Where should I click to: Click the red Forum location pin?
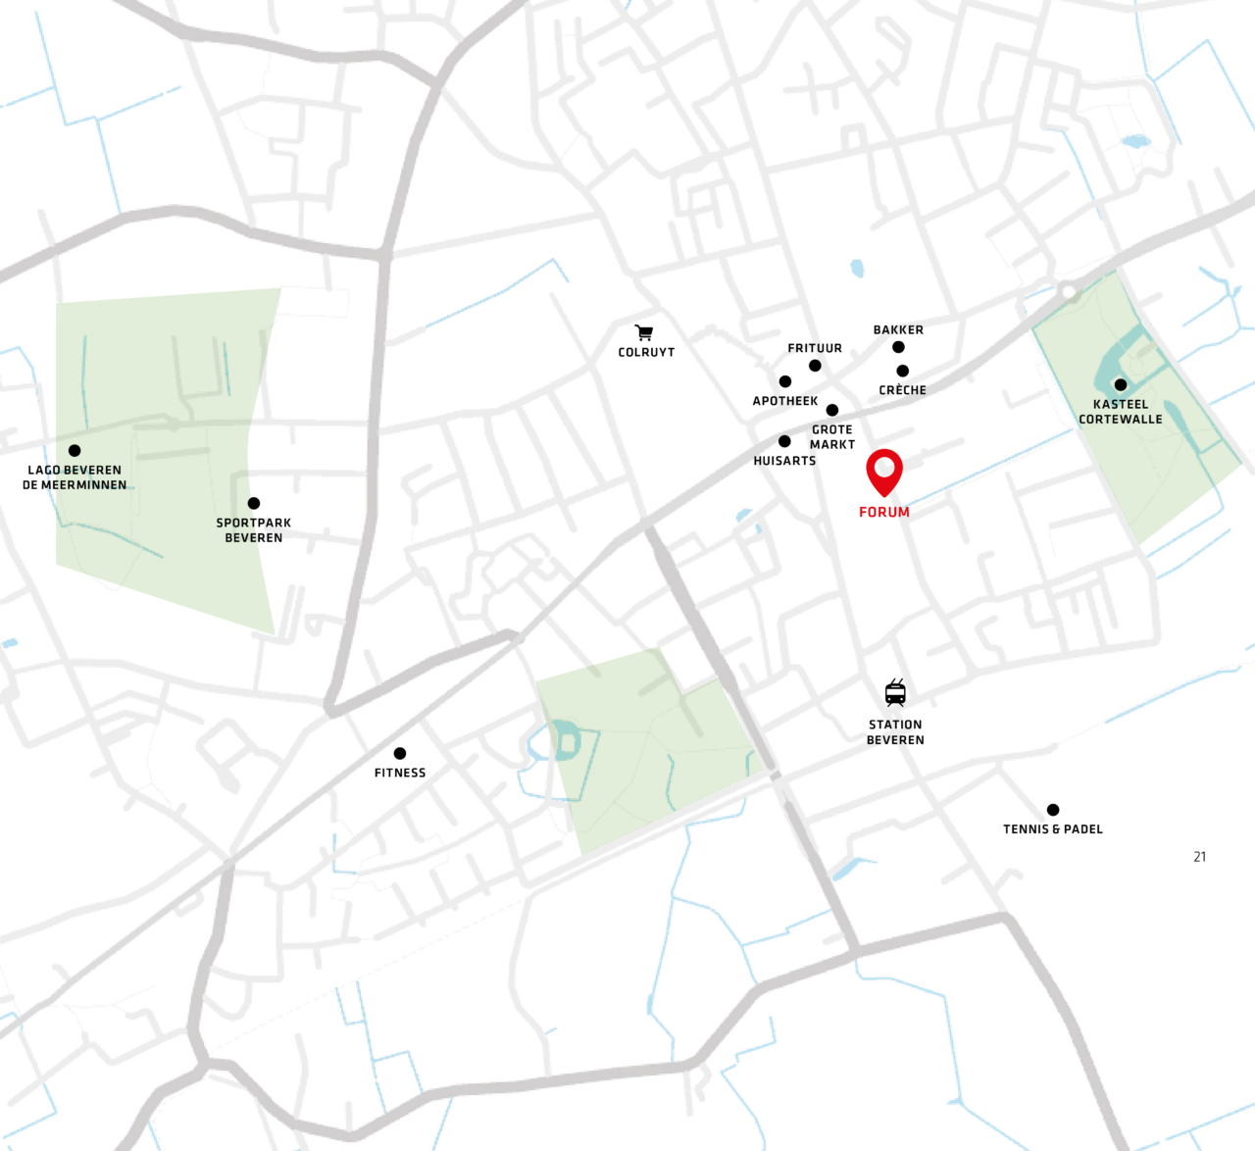[x=883, y=471]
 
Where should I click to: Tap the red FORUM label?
[x=883, y=512]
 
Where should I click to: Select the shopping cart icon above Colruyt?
[x=643, y=333]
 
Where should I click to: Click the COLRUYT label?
[x=646, y=352]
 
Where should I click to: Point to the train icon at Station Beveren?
[x=895, y=692]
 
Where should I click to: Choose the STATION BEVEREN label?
[x=895, y=732]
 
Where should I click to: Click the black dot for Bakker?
[x=898, y=347]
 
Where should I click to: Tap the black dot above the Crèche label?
[x=902, y=371]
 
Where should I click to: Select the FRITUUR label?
[x=815, y=348]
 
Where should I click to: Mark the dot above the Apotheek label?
[x=785, y=381]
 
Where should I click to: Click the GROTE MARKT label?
[x=832, y=437]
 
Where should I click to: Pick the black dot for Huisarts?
[x=784, y=441]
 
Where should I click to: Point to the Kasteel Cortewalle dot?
[x=1120, y=384]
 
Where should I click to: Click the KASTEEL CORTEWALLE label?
[x=1121, y=412]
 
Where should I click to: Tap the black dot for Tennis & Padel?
[x=1053, y=810]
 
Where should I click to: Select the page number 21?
[x=1199, y=857]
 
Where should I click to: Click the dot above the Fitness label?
[x=400, y=753]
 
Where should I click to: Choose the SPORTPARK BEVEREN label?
[x=254, y=530]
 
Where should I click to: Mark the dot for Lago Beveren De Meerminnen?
[x=75, y=451]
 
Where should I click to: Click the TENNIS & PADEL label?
[x=1053, y=829]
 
